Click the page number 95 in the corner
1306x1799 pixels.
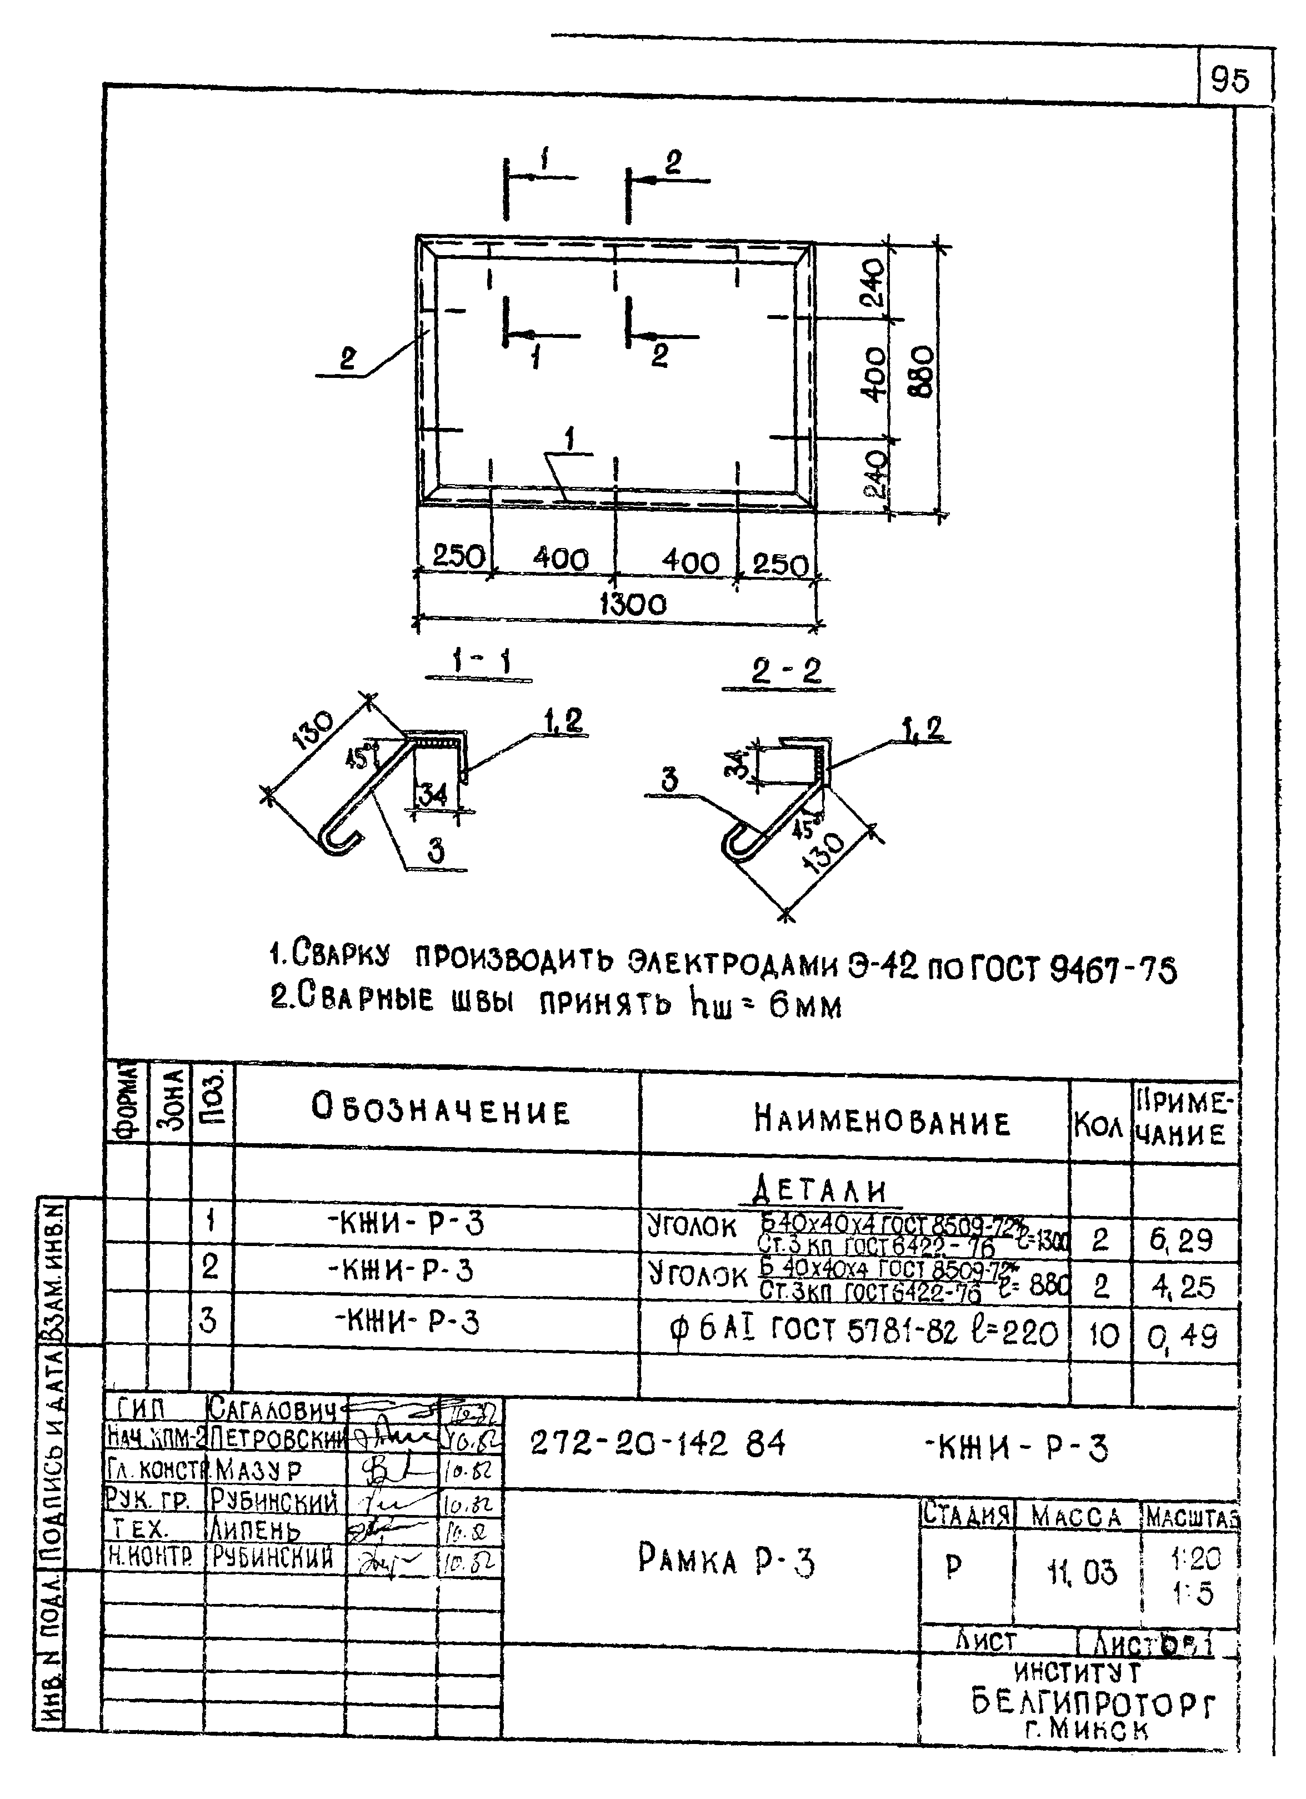coord(1230,80)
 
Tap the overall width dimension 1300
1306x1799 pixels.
coord(632,605)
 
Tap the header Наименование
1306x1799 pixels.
coord(882,1122)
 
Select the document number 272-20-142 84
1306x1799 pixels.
coord(657,1443)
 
